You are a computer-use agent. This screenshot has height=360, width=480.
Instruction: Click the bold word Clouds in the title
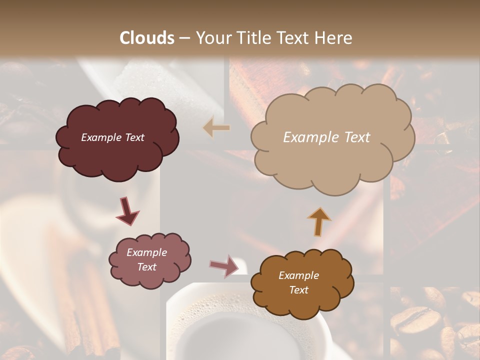[x=147, y=38]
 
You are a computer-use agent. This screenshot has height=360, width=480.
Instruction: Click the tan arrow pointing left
[x=217, y=128]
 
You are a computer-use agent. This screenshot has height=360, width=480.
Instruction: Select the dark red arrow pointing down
[x=127, y=211]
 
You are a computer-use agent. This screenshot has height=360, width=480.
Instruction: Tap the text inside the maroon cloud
[x=112, y=137]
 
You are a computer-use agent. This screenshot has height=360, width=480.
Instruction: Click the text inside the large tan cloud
[x=326, y=137]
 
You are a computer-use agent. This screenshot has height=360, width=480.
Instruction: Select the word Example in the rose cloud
[x=146, y=253]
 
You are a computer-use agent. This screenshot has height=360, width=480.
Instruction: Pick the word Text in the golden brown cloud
[x=298, y=290]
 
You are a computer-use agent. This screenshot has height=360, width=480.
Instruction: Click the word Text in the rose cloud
[x=146, y=267]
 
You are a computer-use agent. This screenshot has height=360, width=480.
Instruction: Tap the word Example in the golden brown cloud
[x=298, y=275]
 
